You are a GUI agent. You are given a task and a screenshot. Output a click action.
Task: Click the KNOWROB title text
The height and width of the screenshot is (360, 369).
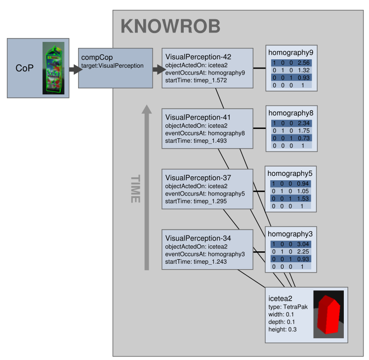[x=170, y=26]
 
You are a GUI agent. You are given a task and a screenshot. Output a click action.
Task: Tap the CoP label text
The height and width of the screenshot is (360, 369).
[x=25, y=68]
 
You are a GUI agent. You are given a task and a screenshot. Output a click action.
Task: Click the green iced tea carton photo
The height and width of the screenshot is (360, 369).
[x=53, y=68]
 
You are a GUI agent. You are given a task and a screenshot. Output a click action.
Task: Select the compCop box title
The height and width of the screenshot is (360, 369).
[x=97, y=57]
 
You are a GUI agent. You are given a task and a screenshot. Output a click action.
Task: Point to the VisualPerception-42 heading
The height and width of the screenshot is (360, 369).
[x=198, y=57]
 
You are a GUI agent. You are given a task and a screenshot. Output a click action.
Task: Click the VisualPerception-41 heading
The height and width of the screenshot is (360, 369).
[x=198, y=117]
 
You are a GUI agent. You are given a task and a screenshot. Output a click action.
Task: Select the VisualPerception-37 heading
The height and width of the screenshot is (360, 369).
[x=198, y=177]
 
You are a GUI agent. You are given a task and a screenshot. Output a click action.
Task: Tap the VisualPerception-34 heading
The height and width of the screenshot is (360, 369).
[x=198, y=238]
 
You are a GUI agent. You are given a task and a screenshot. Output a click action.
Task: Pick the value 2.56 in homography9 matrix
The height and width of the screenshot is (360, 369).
[x=303, y=63]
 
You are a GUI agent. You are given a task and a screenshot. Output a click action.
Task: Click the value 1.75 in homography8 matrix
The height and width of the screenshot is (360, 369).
[x=303, y=131]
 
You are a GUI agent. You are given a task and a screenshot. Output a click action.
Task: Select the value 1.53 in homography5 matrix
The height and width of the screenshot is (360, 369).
[x=303, y=199]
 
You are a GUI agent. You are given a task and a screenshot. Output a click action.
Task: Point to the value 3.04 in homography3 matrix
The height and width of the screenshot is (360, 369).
[x=303, y=244]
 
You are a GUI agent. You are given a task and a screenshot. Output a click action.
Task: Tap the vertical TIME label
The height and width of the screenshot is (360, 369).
[x=135, y=189]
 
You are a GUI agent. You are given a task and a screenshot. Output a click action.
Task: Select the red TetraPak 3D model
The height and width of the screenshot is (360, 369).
[x=328, y=315]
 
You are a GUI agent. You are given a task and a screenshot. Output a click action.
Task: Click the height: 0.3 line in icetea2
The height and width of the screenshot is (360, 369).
[x=282, y=329]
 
